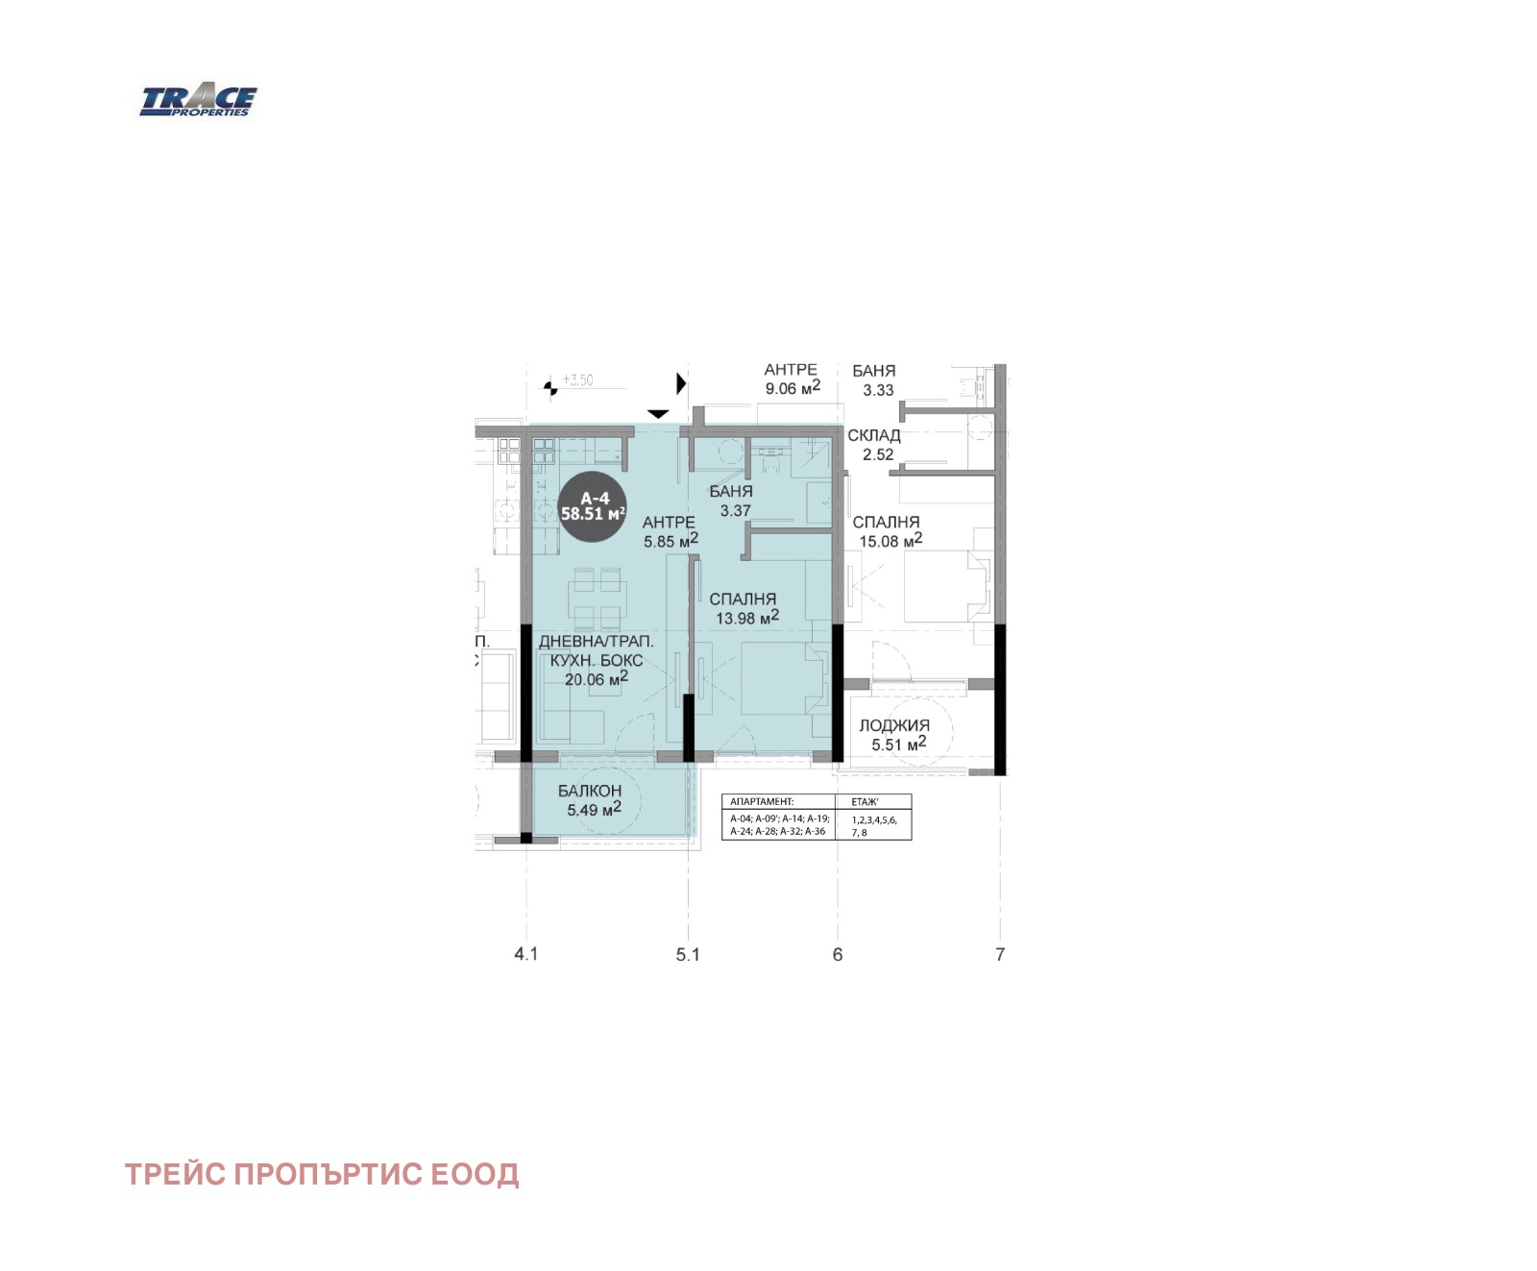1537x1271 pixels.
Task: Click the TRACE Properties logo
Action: click(x=198, y=101)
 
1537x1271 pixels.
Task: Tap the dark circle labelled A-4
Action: click(x=594, y=506)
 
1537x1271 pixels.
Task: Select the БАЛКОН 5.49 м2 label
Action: click(x=590, y=800)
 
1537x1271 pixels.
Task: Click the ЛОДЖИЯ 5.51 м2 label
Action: click(x=894, y=735)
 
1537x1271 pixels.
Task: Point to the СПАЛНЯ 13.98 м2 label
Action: click(x=744, y=608)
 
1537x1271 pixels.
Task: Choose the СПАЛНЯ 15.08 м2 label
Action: click(x=887, y=531)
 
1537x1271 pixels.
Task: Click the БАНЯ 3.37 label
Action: click(x=732, y=501)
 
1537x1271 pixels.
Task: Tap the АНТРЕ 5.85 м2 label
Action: click(x=670, y=531)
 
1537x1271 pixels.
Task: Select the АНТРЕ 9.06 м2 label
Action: click(x=792, y=379)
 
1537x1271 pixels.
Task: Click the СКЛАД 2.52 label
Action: click(x=874, y=445)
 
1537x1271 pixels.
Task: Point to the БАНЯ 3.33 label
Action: click(x=874, y=380)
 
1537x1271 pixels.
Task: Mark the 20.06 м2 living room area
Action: click(x=596, y=679)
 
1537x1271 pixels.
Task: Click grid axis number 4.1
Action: click(x=526, y=954)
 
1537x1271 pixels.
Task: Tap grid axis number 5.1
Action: click(x=688, y=954)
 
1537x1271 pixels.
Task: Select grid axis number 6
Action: click(x=838, y=954)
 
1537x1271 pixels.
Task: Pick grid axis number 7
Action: click(x=1000, y=954)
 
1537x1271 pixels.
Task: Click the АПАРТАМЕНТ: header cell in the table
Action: click(x=762, y=801)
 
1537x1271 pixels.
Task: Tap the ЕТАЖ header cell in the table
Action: click(x=865, y=801)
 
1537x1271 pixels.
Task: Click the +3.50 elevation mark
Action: click(x=577, y=380)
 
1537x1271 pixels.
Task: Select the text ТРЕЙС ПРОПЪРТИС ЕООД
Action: click(x=322, y=1174)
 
